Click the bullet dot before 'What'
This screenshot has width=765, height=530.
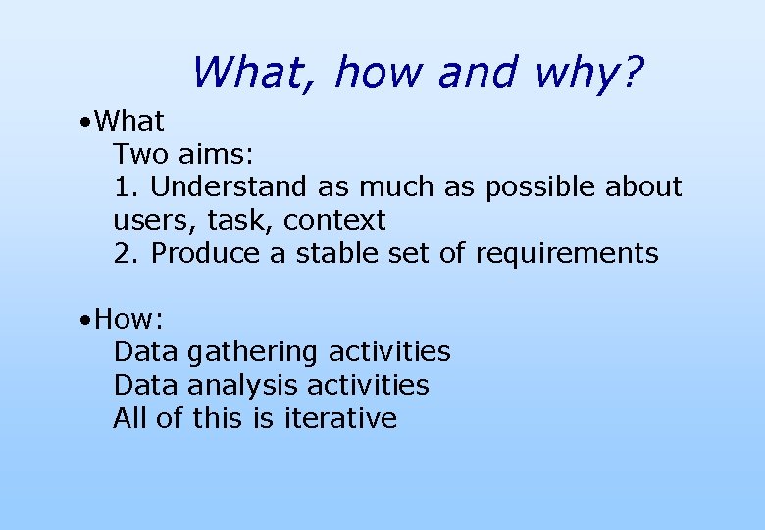pyautogui.click(x=87, y=123)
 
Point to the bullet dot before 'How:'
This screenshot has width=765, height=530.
pyautogui.click(x=87, y=320)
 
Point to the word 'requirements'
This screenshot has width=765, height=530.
pyautogui.click(x=567, y=253)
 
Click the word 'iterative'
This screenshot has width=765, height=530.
pyautogui.click(x=340, y=418)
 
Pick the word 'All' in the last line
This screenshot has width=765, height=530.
pyautogui.click(x=129, y=418)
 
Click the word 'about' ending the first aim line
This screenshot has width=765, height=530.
pyautogui.click(x=643, y=186)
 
